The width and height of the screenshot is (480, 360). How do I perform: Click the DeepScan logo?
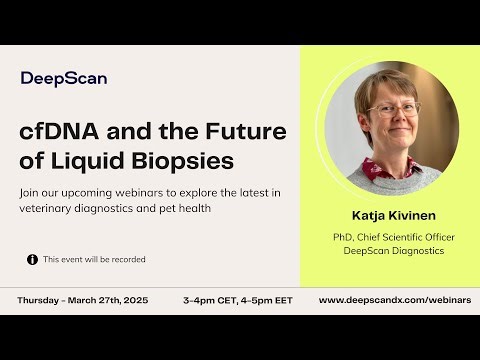click(64, 78)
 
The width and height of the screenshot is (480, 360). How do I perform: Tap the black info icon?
click(32, 259)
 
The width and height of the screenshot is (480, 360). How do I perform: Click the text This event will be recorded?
click(94, 259)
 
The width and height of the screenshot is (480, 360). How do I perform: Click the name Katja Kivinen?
click(390, 214)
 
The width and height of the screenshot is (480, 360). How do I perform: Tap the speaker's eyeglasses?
click(391, 109)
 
